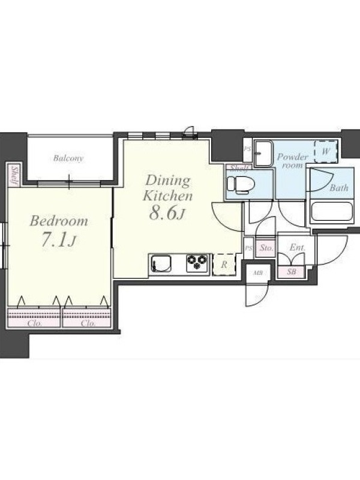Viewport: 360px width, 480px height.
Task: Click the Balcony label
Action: [x=68, y=158]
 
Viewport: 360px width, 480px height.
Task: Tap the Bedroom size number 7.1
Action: [x=53, y=240]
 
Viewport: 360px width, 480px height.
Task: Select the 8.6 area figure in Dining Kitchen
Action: [x=163, y=213]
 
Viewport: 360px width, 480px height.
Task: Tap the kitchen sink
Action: [x=161, y=263]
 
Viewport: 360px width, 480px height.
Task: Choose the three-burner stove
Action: [x=197, y=263]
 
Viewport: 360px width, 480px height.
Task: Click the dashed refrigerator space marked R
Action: [x=224, y=265]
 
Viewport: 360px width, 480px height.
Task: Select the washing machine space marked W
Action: [x=326, y=151]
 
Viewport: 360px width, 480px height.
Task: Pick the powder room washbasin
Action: [x=263, y=154]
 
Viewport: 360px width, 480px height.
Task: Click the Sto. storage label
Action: [x=266, y=248]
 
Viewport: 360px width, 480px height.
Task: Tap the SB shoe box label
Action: [x=291, y=271]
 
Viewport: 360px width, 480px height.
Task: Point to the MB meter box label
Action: [x=258, y=273]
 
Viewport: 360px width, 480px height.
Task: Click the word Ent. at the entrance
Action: [x=297, y=247]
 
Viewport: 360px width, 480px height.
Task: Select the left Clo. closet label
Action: [x=34, y=323]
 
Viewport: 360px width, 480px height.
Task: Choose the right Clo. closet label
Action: [x=88, y=323]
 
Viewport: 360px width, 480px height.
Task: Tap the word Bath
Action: [x=339, y=187]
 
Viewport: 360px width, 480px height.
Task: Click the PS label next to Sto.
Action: [x=248, y=248]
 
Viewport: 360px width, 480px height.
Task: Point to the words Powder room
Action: [x=292, y=161]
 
